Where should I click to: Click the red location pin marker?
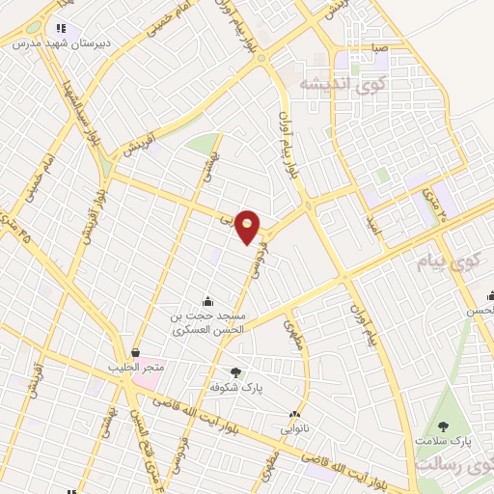click(249, 228)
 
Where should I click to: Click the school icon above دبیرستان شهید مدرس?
click(61, 29)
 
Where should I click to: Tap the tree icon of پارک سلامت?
click(443, 425)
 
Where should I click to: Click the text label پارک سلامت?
click(443, 440)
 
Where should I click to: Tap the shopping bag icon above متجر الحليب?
click(135, 354)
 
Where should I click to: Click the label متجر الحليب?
click(137, 368)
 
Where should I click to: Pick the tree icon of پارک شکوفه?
click(236, 371)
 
